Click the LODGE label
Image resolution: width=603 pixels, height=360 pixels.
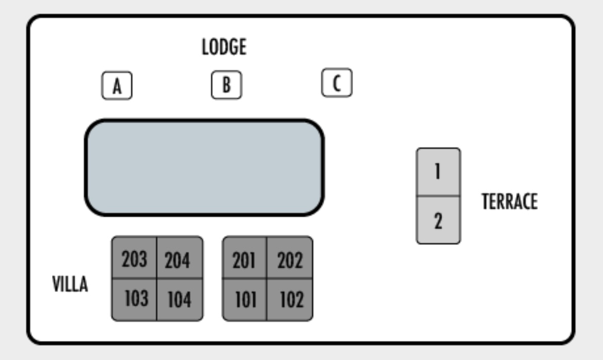[224, 47]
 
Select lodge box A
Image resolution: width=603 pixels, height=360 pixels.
[117, 85]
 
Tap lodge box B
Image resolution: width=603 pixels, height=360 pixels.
[226, 84]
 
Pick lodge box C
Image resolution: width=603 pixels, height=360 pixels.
[337, 82]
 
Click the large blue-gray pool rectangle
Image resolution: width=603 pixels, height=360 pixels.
[204, 167]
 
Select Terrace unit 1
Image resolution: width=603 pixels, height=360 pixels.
[439, 172]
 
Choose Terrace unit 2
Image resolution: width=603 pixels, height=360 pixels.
[439, 220]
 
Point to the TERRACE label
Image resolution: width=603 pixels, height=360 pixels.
[510, 202]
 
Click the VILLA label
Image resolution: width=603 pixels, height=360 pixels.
[70, 284]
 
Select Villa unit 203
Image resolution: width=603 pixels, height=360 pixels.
[134, 258]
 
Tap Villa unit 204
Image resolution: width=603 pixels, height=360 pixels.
[180, 258]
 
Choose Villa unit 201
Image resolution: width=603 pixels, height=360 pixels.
[244, 258]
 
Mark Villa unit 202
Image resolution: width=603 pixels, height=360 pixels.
[290, 258]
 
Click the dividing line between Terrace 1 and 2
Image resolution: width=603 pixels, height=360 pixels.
[439, 196]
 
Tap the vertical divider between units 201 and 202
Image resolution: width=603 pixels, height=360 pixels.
[267, 258]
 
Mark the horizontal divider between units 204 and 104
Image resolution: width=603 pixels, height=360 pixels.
[180, 278]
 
